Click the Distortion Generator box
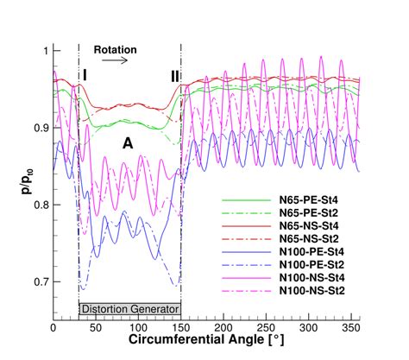[x=129, y=308]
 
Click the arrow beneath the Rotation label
[x=117, y=61]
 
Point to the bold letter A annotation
[x=127, y=143]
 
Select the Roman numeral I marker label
[x=85, y=77]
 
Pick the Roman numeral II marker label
[x=175, y=77]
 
